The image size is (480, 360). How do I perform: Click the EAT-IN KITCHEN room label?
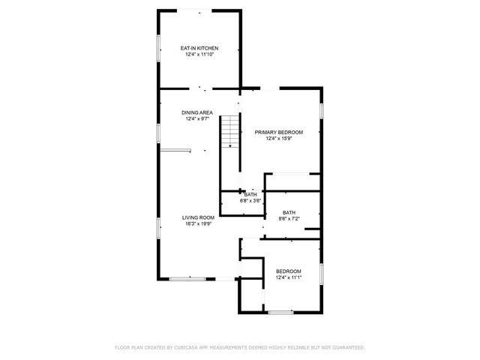(x=199, y=48)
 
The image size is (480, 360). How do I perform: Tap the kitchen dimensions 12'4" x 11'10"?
(x=199, y=54)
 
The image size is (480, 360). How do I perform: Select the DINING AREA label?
(x=198, y=112)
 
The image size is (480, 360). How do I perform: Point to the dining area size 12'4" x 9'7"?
(x=198, y=118)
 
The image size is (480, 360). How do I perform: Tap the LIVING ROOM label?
(x=198, y=217)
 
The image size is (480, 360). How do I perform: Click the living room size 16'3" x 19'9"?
(x=198, y=223)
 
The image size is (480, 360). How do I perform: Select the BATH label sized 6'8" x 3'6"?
(x=250, y=195)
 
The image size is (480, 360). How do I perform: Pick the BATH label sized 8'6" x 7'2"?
(x=289, y=212)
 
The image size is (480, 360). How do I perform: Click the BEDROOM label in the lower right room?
(x=288, y=271)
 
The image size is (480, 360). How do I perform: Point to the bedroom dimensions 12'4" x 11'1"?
(x=288, y=277)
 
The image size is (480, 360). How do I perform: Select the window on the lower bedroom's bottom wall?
(x=280, y=312)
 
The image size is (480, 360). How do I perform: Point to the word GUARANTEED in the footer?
(x=346, y=347)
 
